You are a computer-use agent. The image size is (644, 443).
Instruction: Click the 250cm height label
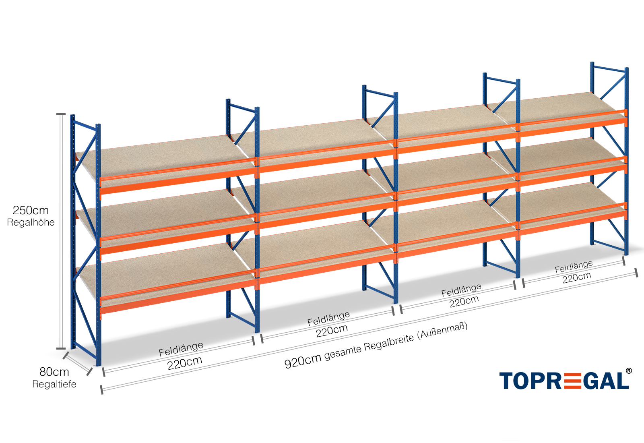[31, 210]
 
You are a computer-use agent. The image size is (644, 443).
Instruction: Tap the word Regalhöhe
[31, 222]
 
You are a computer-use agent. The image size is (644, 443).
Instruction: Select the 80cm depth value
[54, 372]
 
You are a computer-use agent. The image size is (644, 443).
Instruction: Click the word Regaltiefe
[54, 384]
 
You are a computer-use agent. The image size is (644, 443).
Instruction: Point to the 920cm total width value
[303, 360]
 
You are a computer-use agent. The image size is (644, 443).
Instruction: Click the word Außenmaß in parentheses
[442, 331]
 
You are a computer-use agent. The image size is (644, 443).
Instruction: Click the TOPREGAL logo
[563, 381]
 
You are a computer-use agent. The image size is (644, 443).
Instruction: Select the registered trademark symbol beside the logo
[628, 371]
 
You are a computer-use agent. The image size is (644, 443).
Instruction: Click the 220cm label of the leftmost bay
[185, 363]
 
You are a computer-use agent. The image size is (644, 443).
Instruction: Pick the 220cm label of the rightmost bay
[577, 277]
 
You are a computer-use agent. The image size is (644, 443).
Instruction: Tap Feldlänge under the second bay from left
[328, 319]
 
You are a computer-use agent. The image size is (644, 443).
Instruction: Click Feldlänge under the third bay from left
[461, 290]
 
